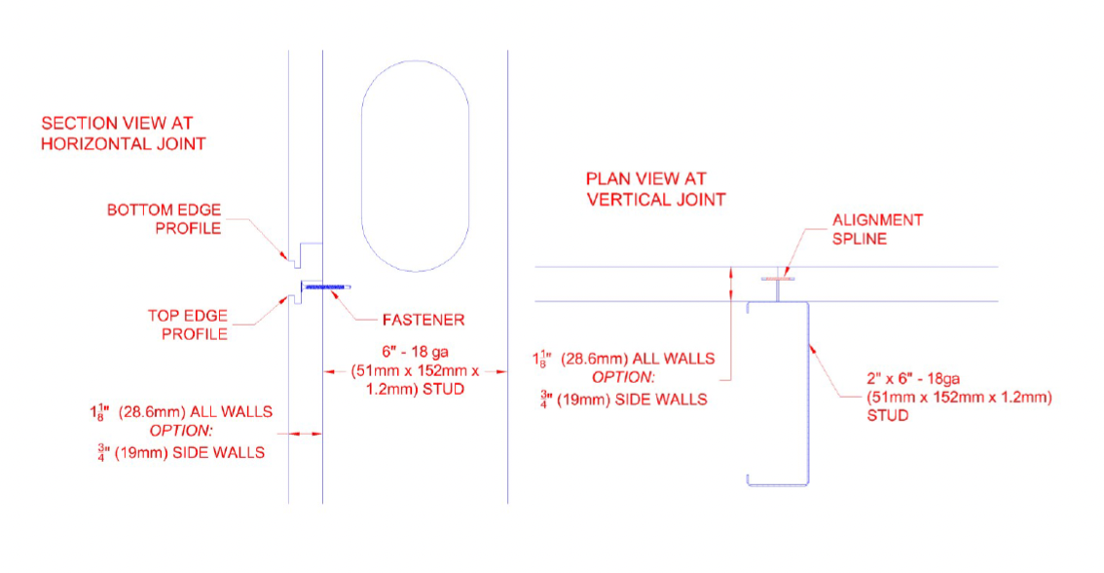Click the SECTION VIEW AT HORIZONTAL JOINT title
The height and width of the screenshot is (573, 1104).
pyautogui.click(x=123, y=134)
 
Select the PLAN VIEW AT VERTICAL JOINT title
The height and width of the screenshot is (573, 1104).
pyautogui.click(x=655, y=189)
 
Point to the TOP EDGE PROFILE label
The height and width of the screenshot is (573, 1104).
pyautogui.click(x=187, y=325)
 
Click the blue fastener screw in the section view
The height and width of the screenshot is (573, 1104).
pyautogui.click(x=328, y=286)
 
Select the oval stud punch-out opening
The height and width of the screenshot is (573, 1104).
pyautogui.click(x=415, y=166)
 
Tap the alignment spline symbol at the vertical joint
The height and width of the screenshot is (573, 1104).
pyautogui.click(x=778, y=286)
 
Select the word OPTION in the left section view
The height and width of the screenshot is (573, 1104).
pyautogui.click(x=180, y=431)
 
